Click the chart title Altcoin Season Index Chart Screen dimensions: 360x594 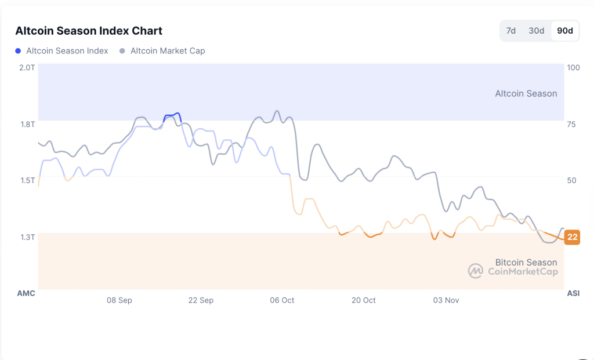89,31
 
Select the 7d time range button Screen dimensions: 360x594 510,31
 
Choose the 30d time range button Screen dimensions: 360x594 536,31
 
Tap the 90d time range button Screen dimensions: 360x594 564,31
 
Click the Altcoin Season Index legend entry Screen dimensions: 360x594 62,51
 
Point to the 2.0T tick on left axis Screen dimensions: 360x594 27,67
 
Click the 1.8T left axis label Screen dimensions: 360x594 27,124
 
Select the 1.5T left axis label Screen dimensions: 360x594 27,180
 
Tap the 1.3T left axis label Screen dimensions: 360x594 27,237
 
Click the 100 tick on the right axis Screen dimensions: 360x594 573,67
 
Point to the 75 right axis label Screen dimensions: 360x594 571,124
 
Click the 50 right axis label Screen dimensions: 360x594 571,180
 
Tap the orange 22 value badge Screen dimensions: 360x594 573,237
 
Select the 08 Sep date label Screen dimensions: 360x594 119,300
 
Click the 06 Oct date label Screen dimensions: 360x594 282,300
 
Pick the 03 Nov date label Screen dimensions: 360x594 446,300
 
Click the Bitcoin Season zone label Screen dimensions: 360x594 526,262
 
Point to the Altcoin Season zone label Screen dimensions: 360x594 526,93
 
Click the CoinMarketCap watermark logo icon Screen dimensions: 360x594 476,271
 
